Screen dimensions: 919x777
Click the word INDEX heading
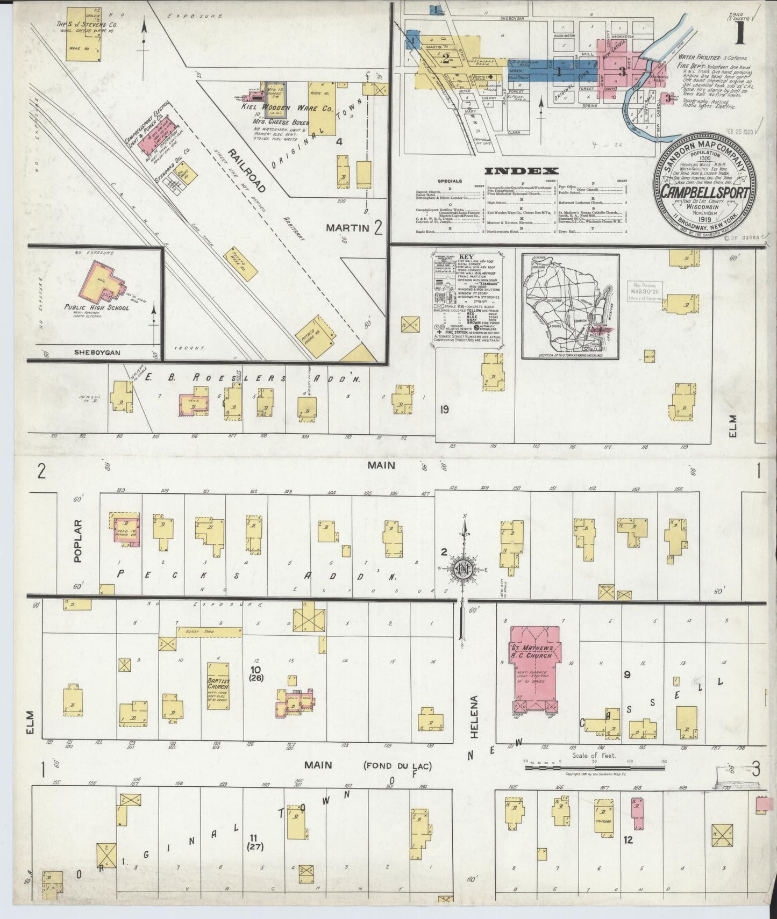click(521, 171)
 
